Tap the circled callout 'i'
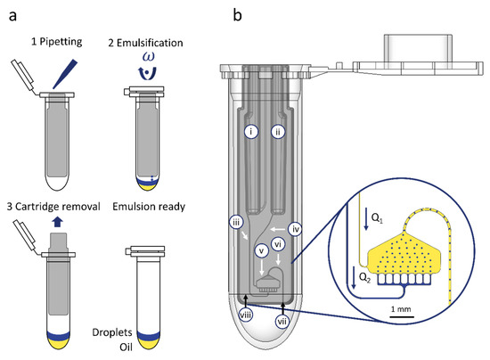coord(252,131)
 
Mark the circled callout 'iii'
coord(236,220)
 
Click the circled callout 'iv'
coord(297,228)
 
